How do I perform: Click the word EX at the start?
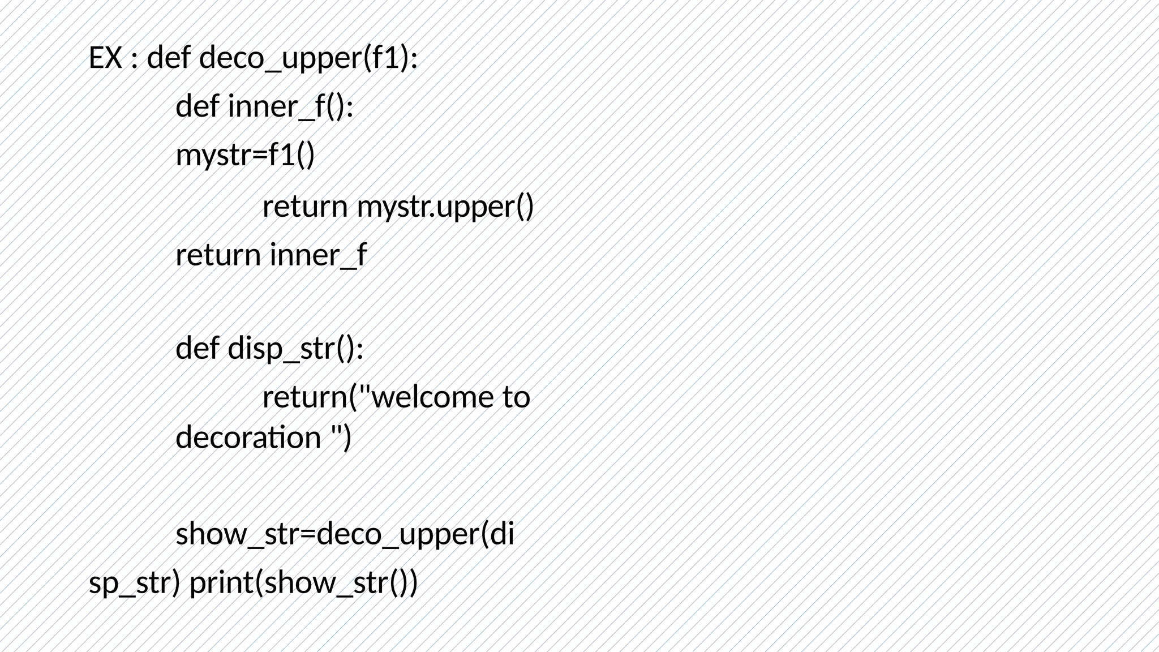click(x=105, y=58)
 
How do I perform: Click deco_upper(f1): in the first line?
click(x=308, y=58)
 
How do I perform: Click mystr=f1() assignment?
click(x=245, y=155)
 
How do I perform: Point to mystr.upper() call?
click(x=445, y=207)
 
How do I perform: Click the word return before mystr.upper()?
click(x=305, y=207)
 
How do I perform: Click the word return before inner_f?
click(x=218, y=255)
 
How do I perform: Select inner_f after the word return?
click(x=318, y=255)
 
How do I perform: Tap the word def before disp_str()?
click(x=198, y=348)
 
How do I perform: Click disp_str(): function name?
click(x=295, y=348)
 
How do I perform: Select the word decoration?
click(x=248, y=437)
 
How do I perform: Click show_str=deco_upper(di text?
click(x=345, y=534)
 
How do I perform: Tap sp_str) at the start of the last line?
click(x=135, y=582)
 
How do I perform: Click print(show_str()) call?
click(x=303, y=582)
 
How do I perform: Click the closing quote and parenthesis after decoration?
click(x=341, y=437)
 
